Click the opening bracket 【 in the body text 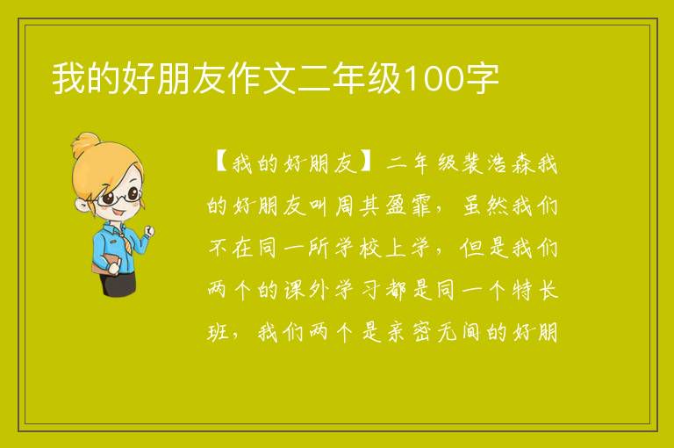coord(219,163)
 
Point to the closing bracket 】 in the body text coord(369,163)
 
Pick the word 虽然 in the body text coord(485,206)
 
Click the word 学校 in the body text coord(359,248)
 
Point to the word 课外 coord(307,290)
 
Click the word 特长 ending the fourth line coord(535,290)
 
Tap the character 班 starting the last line coord(218,332)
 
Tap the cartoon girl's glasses coord(119,197)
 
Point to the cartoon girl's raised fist coord(149,231)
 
